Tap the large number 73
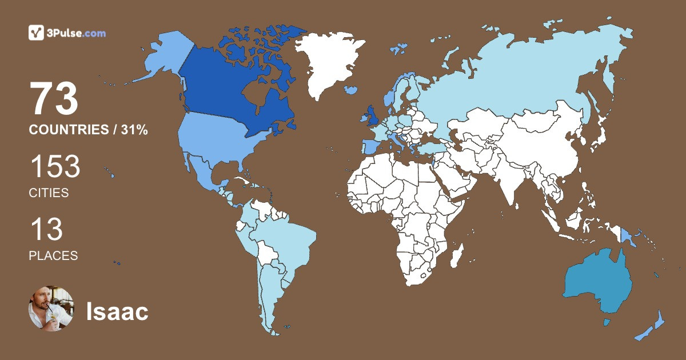(x=54, y=99)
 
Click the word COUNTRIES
(x=69, y=130)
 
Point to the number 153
(x=55, y=167)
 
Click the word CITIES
(x=49, y=193)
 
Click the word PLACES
(x=53, y=256)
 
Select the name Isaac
(x=117, y=311)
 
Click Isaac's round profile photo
(x=51, y=309)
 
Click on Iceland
(x=352, y=90)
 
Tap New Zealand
(x=655, y=326)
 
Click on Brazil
(x=286, y=240)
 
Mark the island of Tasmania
(x=607, y=323)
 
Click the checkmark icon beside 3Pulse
(x=36, y=33)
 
